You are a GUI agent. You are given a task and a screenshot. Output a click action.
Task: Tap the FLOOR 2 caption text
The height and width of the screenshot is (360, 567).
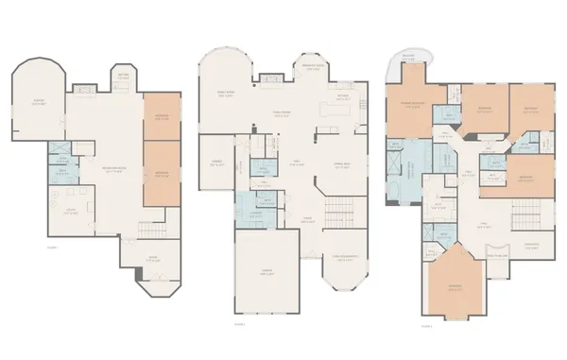click(240, 323)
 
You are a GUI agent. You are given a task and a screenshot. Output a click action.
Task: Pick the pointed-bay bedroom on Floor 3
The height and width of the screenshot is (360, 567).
click(455, 288)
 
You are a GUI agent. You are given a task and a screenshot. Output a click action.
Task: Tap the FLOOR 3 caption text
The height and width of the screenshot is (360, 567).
click(425, 325)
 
